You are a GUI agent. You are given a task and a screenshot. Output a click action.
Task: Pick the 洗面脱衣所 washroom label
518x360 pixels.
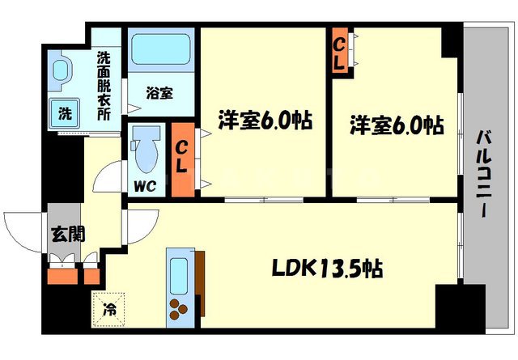[104, 86]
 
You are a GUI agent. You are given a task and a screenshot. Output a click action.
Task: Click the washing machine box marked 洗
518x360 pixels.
[62, 113]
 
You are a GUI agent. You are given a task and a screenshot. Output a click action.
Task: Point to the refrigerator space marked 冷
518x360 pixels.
[108, 307]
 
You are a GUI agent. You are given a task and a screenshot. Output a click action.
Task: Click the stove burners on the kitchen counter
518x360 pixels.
[177, 307]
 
